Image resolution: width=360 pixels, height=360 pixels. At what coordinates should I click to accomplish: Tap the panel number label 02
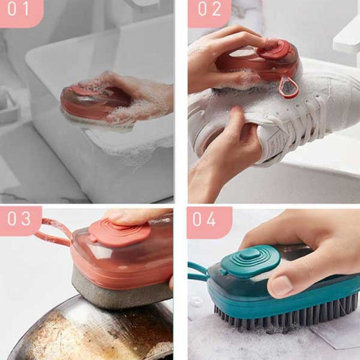(209, 10)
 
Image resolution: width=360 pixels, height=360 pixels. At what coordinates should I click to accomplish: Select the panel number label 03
(20, 219)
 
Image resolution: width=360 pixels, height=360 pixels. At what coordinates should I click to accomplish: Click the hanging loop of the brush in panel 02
(288, 88)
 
